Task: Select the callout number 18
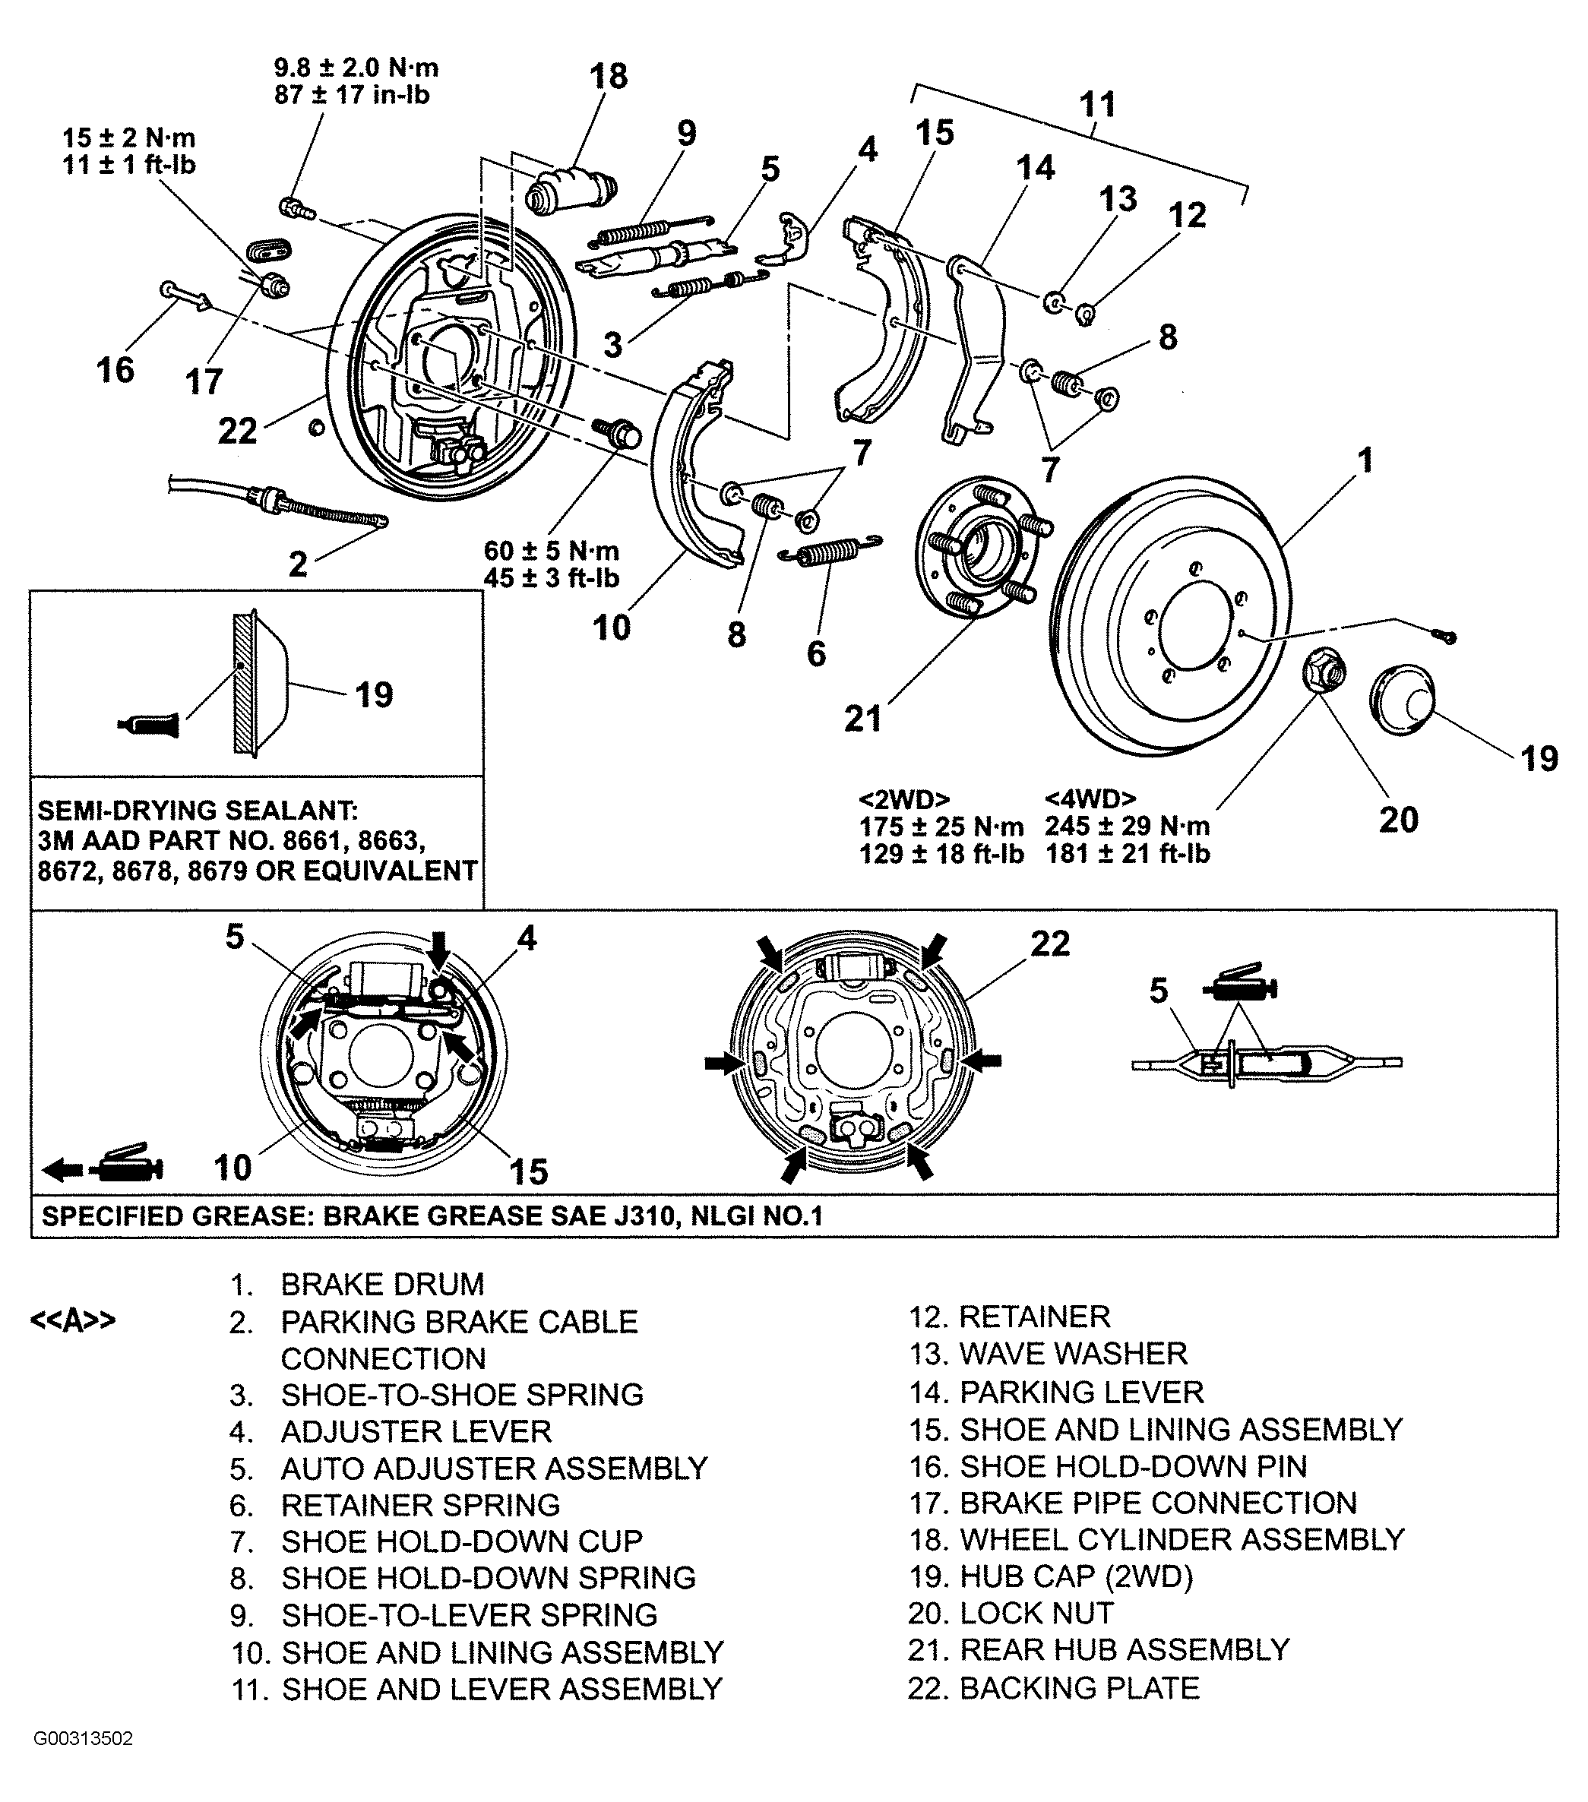tap(609, 77)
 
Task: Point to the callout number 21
tap(862, 719)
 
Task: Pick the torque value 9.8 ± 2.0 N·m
tap(356, 68)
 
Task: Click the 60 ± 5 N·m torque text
tap(552, 551)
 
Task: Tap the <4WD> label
tap(1090, 798)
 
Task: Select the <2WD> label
tap(905, 798)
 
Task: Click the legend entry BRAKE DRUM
tap(383, 1284)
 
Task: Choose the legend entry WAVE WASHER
tap(1073, 1353)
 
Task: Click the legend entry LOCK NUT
tap(1036, 1614)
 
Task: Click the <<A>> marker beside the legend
tap(73, 1320)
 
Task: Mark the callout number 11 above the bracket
tap(1098, 105)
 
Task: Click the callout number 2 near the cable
tap(298, 564)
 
